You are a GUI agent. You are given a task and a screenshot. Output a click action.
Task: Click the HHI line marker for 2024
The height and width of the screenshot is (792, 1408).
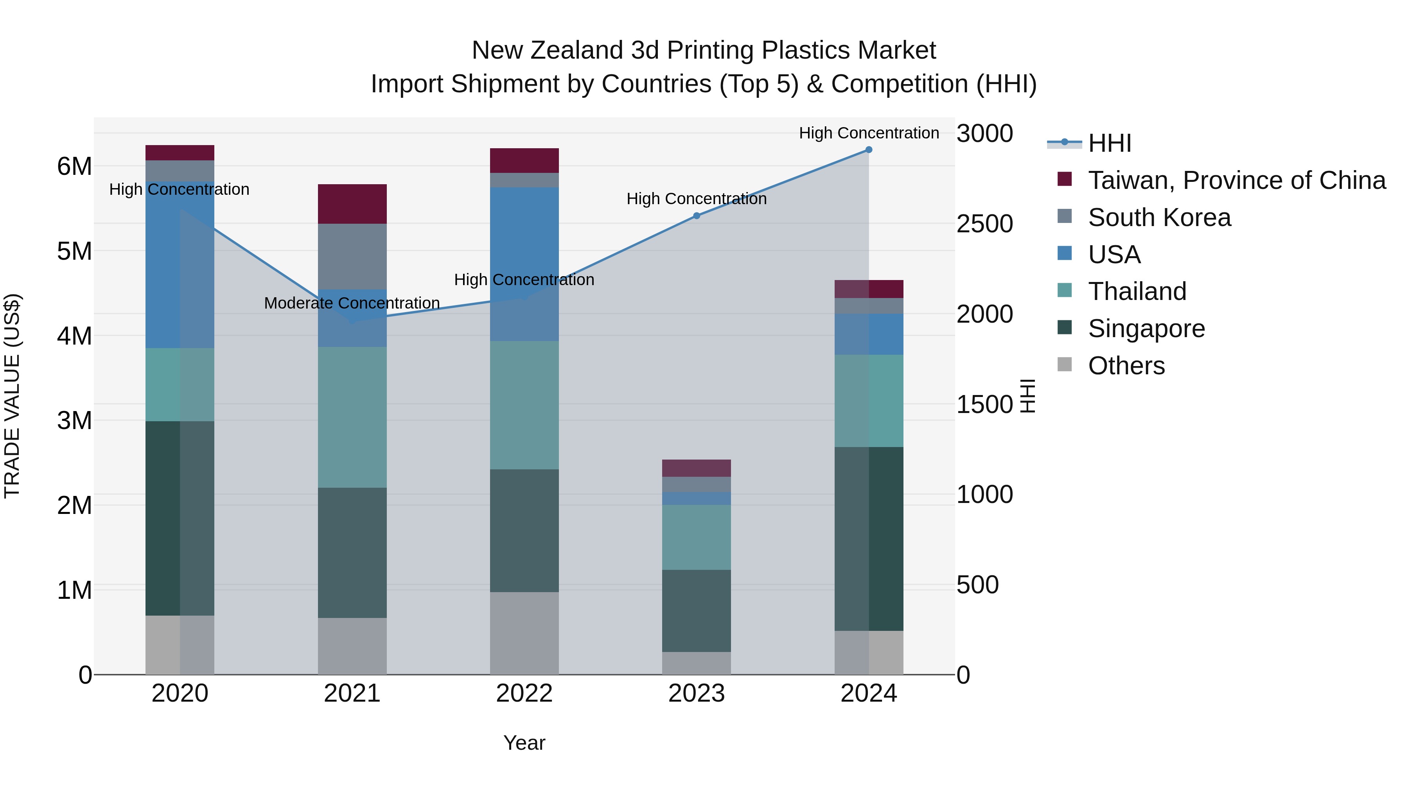point(869,150)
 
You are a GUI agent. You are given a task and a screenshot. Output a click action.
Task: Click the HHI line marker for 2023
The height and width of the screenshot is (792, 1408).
point(696,216)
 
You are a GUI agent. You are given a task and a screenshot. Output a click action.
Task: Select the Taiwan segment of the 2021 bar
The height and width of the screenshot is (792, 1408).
point(352,204)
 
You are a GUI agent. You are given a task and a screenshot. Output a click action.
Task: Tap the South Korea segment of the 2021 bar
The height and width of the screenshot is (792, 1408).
point(352,256)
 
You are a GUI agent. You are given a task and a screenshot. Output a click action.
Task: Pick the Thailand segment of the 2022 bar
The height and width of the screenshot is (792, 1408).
point(524,405)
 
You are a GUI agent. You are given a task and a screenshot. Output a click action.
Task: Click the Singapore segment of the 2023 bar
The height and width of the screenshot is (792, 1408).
point(696,611)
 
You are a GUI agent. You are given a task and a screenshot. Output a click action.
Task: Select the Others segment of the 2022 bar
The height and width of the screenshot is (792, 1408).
point(524,633)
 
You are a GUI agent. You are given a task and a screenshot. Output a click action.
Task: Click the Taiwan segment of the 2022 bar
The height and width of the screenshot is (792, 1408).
point(524,160)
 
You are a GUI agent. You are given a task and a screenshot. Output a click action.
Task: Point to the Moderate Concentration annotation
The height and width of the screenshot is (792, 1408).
point(352,303)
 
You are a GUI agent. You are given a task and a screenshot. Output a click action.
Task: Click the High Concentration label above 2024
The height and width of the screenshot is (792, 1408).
point(869,133)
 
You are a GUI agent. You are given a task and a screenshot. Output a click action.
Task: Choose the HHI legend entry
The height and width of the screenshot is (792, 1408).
point(1109,143)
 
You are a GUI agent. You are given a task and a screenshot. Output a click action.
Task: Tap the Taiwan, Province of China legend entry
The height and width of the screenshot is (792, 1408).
point(1236,180)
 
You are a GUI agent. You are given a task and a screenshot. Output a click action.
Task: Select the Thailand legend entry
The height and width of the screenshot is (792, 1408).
point(1137,291)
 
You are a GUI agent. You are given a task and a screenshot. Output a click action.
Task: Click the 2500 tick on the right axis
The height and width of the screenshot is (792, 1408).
point(984,224)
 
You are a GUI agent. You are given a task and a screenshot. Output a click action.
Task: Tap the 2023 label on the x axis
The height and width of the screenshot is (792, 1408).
point(696,693)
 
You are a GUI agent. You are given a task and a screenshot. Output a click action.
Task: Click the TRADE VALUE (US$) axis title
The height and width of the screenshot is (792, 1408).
point(12,396)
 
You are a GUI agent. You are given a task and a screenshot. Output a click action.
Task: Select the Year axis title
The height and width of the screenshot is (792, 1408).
point(524,743)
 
